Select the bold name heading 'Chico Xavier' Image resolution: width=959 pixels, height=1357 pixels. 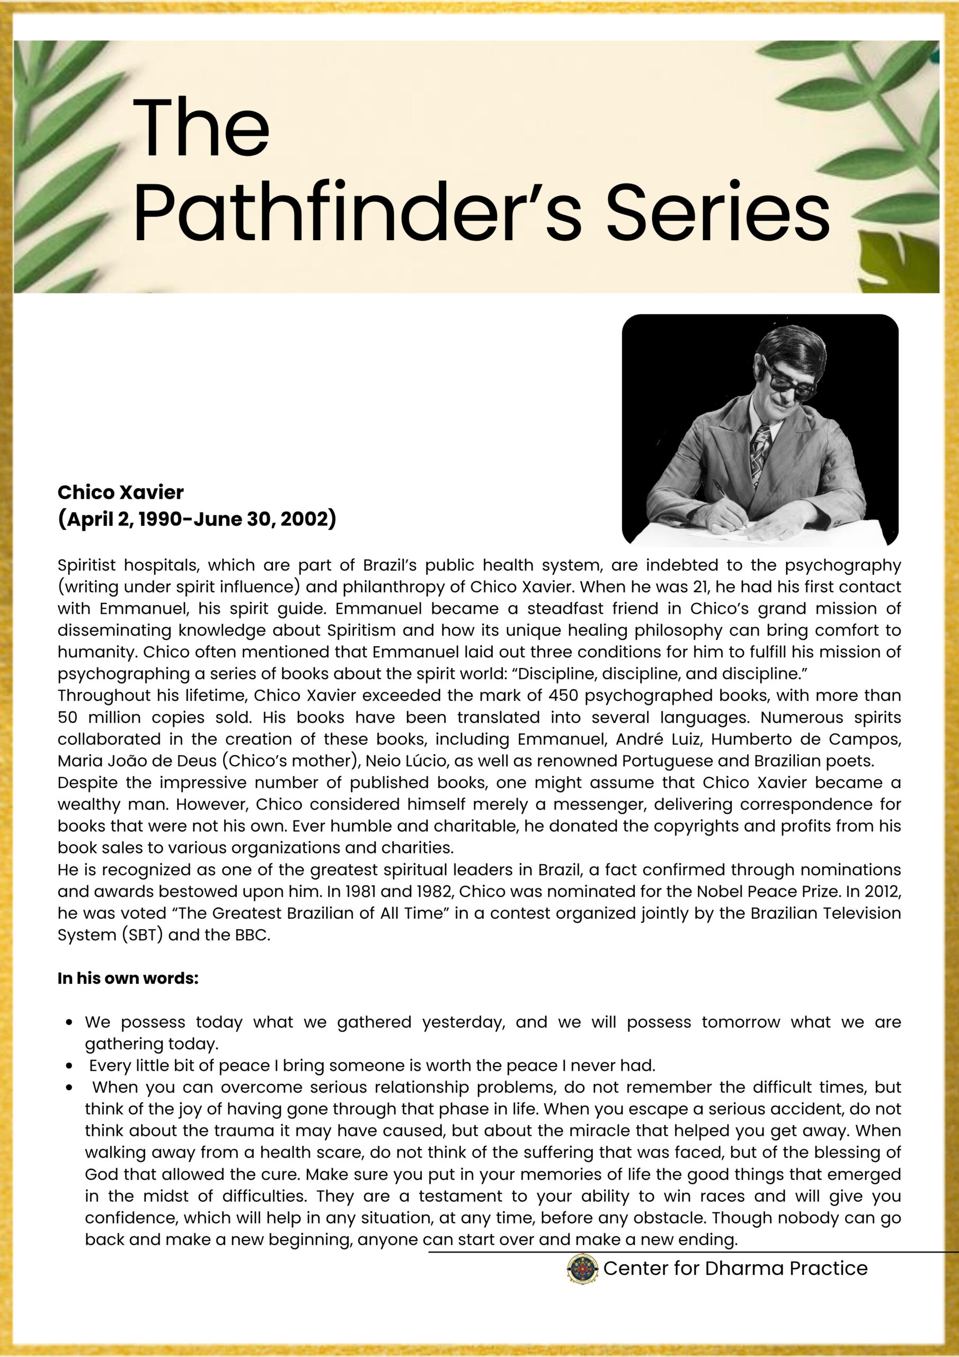[121, 492]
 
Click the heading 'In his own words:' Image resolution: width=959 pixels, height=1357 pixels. [128, 978]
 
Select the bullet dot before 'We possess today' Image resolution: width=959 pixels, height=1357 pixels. [70, 1023]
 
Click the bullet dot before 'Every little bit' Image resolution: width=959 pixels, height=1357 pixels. [70, 1065]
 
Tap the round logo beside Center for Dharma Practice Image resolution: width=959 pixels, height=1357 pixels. [583, 1268]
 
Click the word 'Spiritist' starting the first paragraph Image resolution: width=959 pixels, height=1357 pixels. [86, 565]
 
